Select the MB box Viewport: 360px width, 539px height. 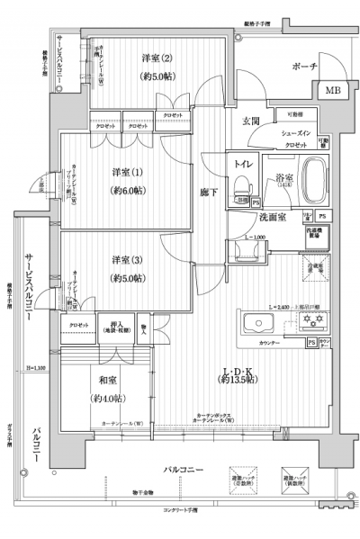click(x=332, y=91)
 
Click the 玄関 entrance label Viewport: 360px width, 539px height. click(x=250, y=121)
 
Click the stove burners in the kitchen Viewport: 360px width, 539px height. click(x=314, y=321)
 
